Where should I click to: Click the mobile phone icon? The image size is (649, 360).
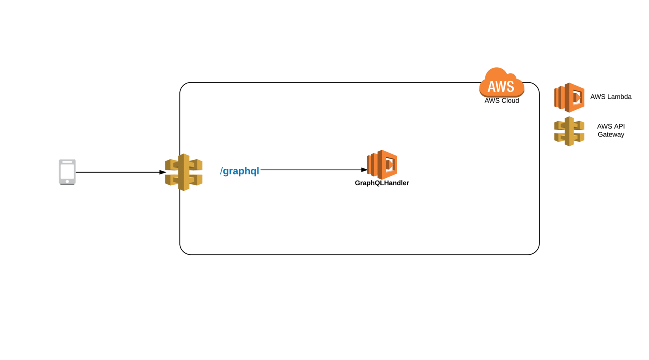(x=67, y=172)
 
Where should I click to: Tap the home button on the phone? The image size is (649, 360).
(x=67, y=181)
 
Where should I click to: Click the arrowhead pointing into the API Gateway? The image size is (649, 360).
(x=162, y=172)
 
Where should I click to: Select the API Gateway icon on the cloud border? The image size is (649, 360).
(x=184, y=172)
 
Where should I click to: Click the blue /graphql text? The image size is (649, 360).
(x=240, y=171)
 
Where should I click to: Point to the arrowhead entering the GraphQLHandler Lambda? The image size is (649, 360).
(x=364, y=170)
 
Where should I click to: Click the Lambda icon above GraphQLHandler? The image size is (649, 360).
(x=382, y=164)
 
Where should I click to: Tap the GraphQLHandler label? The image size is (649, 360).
(x=382, y=183)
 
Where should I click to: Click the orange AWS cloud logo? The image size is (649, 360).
(x=501, y=83)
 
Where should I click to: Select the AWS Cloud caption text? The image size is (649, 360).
(x=501, y=101)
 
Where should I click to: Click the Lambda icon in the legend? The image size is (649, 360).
(x=569, y=98)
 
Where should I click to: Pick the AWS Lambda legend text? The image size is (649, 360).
(x=611, y=97)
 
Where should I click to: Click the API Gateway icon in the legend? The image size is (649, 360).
(x=569, y=131)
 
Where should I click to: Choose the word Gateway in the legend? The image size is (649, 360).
(x=611, y=135)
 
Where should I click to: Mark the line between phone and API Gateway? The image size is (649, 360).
(x=118, y=172)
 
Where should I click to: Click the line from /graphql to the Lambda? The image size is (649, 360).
(x=311, y=170)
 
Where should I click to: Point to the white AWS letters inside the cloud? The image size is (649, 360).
(x=501, y=86)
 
